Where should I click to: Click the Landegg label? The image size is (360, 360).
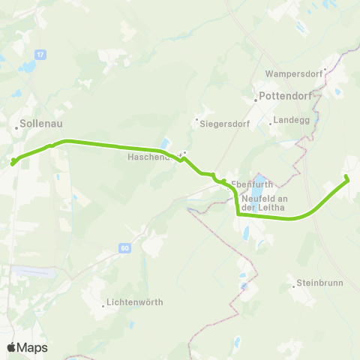(x=291, y=119)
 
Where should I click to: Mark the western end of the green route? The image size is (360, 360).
(x=13, y=160)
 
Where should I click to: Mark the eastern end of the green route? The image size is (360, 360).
(x=346, y=177)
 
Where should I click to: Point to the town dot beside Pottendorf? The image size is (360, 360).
(x=255, y=97)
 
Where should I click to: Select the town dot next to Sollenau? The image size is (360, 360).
(x=16, y=128)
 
